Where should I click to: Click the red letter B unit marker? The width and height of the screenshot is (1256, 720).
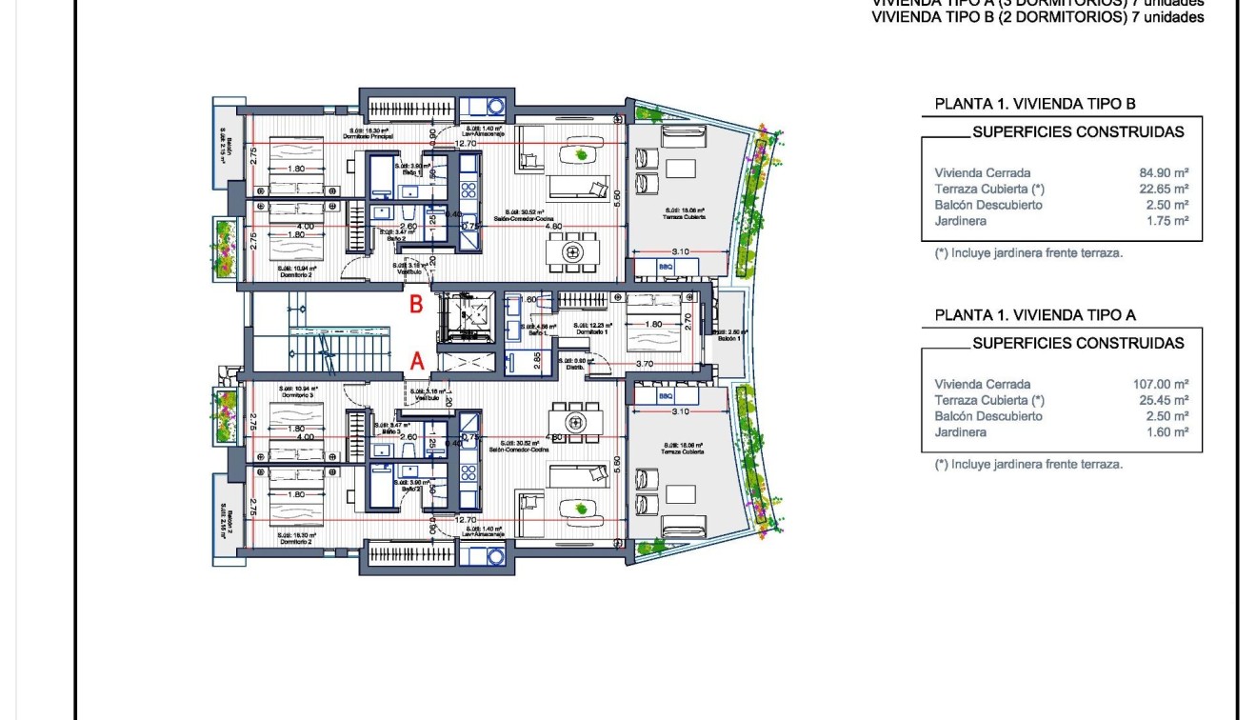click(416, 306)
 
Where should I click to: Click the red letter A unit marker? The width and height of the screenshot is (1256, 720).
click(416, 361)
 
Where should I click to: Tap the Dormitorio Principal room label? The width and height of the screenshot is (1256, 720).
click(368, 137)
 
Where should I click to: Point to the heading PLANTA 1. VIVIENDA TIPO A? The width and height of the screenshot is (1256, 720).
click(1035, 315)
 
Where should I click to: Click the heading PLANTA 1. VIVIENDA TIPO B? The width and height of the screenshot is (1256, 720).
click(1035, 105)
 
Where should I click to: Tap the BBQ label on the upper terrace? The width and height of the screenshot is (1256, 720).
click(666, 268)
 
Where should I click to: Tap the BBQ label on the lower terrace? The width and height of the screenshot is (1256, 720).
click(666, 395)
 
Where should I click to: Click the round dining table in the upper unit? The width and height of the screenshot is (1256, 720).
click(573, 252)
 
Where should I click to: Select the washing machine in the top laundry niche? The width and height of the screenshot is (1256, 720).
click(495, 107)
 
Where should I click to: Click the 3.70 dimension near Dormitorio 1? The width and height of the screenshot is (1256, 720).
click(644, 364)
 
